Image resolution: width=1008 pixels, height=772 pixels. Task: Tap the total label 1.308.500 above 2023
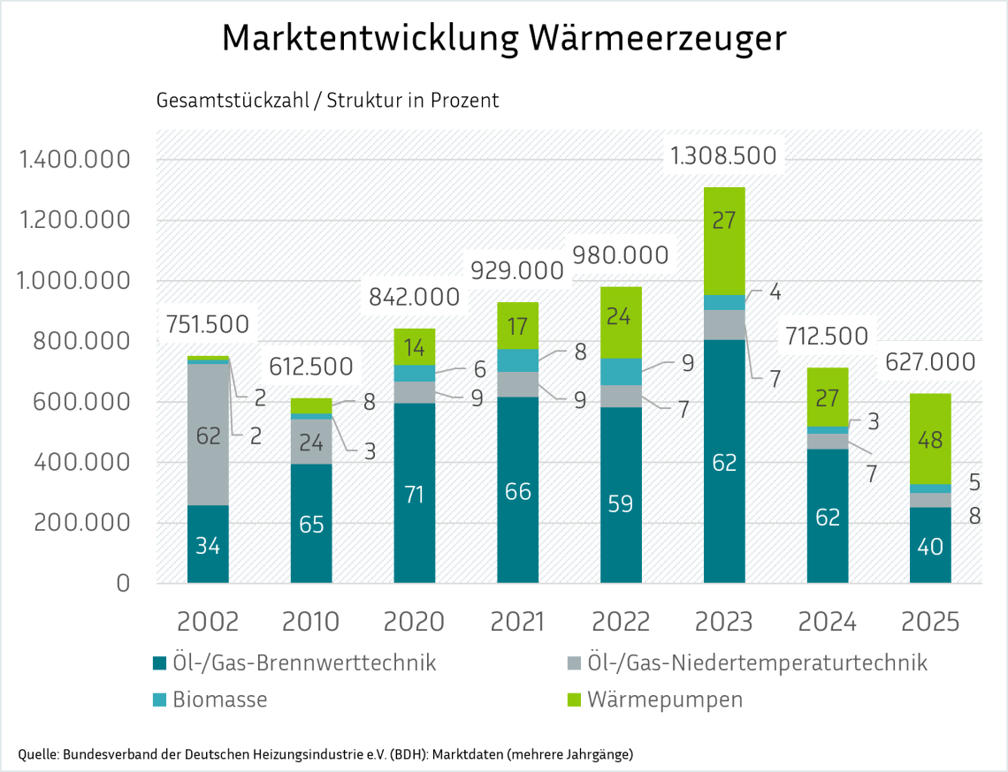723,156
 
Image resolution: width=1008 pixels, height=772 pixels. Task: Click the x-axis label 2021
517,622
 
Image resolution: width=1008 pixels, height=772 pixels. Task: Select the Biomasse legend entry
218,700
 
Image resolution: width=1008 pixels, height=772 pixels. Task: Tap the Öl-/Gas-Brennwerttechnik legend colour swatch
159,663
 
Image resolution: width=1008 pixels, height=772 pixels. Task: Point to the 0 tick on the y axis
123,583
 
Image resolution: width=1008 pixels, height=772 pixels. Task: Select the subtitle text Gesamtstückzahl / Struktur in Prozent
327,100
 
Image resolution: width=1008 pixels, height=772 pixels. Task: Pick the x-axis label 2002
208,622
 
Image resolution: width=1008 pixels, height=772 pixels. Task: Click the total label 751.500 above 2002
207,324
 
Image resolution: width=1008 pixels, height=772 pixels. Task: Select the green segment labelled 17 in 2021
517,325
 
